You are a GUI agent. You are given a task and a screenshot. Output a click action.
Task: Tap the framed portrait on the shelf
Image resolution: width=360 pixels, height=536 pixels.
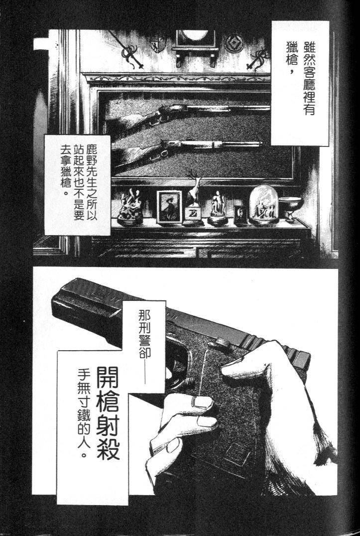[x=167, y=207]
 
